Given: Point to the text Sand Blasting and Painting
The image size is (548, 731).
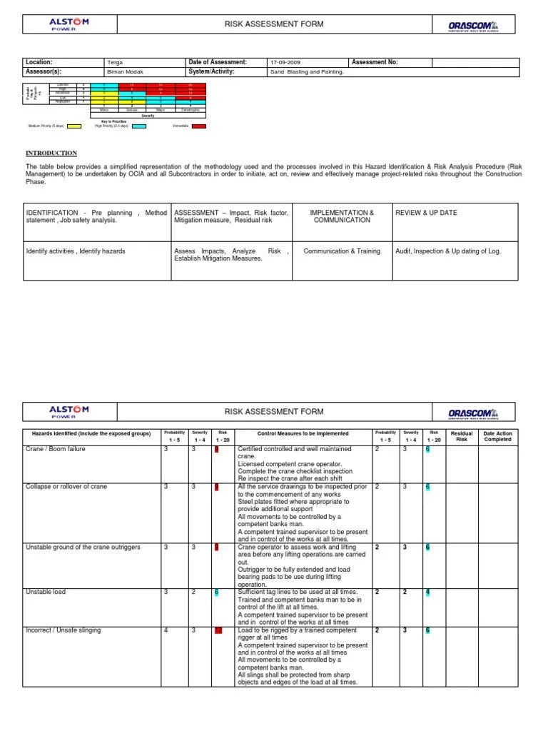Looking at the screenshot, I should click(307, 72).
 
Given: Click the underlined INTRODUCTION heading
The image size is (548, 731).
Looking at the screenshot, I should click(51, 153).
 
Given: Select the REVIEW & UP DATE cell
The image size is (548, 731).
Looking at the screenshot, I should click(426, 213).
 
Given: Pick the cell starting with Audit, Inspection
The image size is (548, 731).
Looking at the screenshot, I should click(448, 251).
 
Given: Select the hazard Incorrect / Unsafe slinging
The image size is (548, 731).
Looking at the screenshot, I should click(63, 630).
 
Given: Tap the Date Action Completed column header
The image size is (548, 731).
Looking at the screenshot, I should click(497, 436).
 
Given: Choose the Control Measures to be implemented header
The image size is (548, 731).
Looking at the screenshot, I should click(303, 433).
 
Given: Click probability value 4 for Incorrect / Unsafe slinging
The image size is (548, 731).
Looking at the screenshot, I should click(166, 630).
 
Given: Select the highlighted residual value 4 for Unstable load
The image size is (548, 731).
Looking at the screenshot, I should click(427, 593).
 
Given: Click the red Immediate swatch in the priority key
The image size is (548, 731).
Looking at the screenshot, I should click(198, 126).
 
